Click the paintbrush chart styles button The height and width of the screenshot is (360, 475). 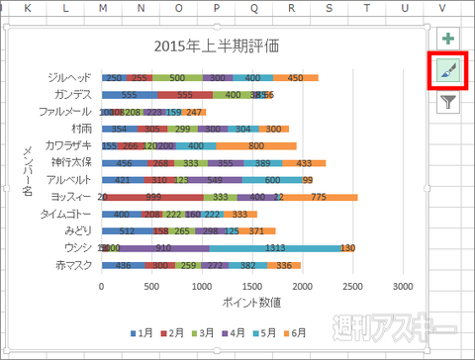(448, 72)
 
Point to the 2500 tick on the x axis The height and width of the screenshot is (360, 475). (351, 286)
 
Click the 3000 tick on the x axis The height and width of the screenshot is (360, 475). (402, 286)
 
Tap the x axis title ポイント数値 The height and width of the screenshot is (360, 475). (250, 302)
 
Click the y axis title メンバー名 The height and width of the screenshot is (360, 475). (29, 170)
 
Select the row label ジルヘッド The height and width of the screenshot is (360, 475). (69, 77)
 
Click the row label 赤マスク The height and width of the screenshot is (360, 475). (75, 265)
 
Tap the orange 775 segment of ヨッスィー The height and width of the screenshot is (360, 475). (318, 197)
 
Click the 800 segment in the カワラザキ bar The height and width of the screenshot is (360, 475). (255, 145)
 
